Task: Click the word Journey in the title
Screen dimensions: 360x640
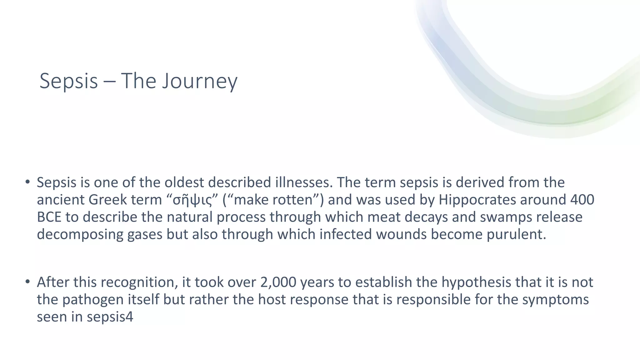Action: click(x=200, y=81)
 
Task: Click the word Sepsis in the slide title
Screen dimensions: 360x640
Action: click(x=69, y=81)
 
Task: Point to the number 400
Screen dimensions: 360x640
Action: click(x=582, y=200)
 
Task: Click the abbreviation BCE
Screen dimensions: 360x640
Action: click(x=49, y=217)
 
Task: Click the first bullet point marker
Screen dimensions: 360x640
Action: click(x=27, y=182)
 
